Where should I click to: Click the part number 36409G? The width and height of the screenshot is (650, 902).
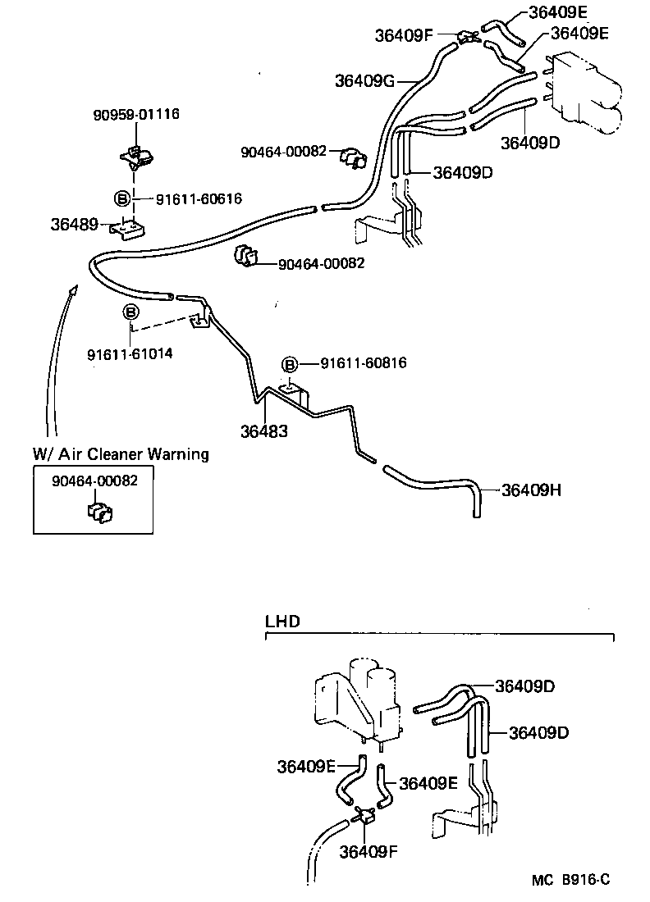click(365, 80)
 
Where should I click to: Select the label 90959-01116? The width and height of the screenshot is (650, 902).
click(135, 114)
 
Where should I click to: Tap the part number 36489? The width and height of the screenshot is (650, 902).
click(74, 224)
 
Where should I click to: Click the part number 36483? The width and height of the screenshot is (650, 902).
click(264, 430)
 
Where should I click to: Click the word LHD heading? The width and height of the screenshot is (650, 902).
click(282, 621)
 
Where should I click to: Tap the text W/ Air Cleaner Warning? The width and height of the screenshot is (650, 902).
click(121, 453)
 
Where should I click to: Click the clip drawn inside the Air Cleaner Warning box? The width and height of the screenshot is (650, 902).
click(99, 512)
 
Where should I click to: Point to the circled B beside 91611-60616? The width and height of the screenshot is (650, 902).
click(121, 198)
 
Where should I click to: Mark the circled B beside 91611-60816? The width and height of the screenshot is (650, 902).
click(289, 364)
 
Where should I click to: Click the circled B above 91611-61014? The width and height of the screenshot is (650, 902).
click(130, 312)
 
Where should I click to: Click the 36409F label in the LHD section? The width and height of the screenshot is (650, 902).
click(368, 850)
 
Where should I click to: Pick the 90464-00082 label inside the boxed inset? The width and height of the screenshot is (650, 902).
click(94, 481)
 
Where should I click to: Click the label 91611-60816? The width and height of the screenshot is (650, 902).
click(364, 363)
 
